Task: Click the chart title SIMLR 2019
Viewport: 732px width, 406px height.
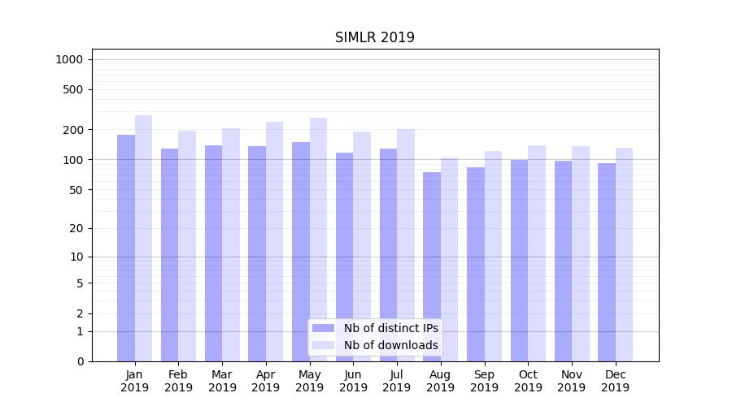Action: (375, 38)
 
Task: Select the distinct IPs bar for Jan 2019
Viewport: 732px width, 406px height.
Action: (126, 248)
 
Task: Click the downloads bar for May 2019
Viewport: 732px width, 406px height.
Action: (319, 240)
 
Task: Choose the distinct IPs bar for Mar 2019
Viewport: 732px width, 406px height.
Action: (213, 253)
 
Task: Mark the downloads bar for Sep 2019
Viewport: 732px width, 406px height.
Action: (493, 256)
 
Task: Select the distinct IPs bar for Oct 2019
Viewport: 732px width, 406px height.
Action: (519, 260)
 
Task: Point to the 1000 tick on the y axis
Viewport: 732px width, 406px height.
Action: (69, 59)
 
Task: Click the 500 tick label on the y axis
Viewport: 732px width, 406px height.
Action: (73, 89)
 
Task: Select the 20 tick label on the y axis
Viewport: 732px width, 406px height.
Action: (76, 228)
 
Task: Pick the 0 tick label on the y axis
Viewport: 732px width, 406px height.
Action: (80, 361)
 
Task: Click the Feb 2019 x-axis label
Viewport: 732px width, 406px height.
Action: (178, 381)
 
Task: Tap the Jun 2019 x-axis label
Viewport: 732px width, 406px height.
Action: (353, 381)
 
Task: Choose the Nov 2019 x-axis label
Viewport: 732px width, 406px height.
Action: (572, 381)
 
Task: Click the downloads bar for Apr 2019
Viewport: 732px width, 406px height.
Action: (275, 241)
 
